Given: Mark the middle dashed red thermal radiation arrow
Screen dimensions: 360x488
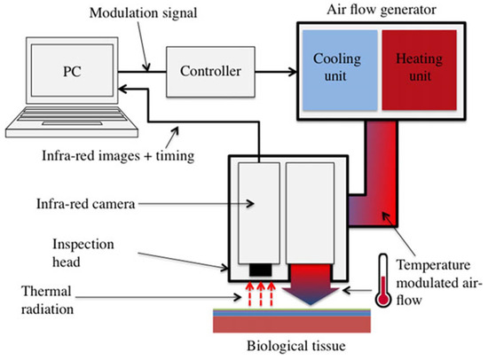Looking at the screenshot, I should (x=260, y=293).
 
